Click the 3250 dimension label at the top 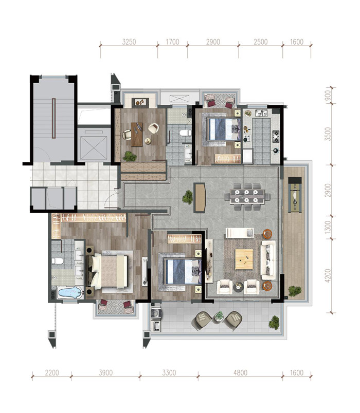129,42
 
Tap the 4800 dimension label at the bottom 240,373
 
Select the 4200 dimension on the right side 328,275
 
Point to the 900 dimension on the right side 328,95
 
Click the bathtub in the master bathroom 69,292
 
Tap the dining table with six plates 247,197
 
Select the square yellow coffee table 244,259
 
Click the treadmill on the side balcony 295,195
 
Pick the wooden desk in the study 137,135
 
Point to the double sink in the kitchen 261,113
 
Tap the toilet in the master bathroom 58,261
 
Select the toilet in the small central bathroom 185,133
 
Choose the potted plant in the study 130,156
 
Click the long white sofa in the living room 268,260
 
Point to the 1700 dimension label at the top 172,42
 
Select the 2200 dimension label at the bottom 52,373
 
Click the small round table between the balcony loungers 219,316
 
